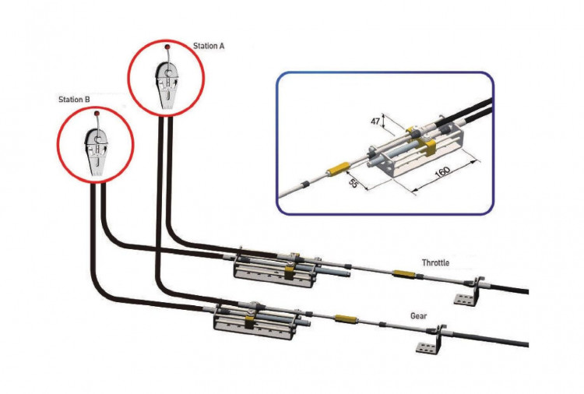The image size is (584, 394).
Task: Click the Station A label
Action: pyautogui.click(x=209, y=46)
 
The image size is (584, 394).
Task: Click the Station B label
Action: pyautogui.click(x=75, y=100)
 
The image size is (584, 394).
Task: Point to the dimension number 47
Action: pyautogui.click(x=374, y=121)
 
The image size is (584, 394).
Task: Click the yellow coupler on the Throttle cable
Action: pyautogui.click(x=403, y=273)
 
